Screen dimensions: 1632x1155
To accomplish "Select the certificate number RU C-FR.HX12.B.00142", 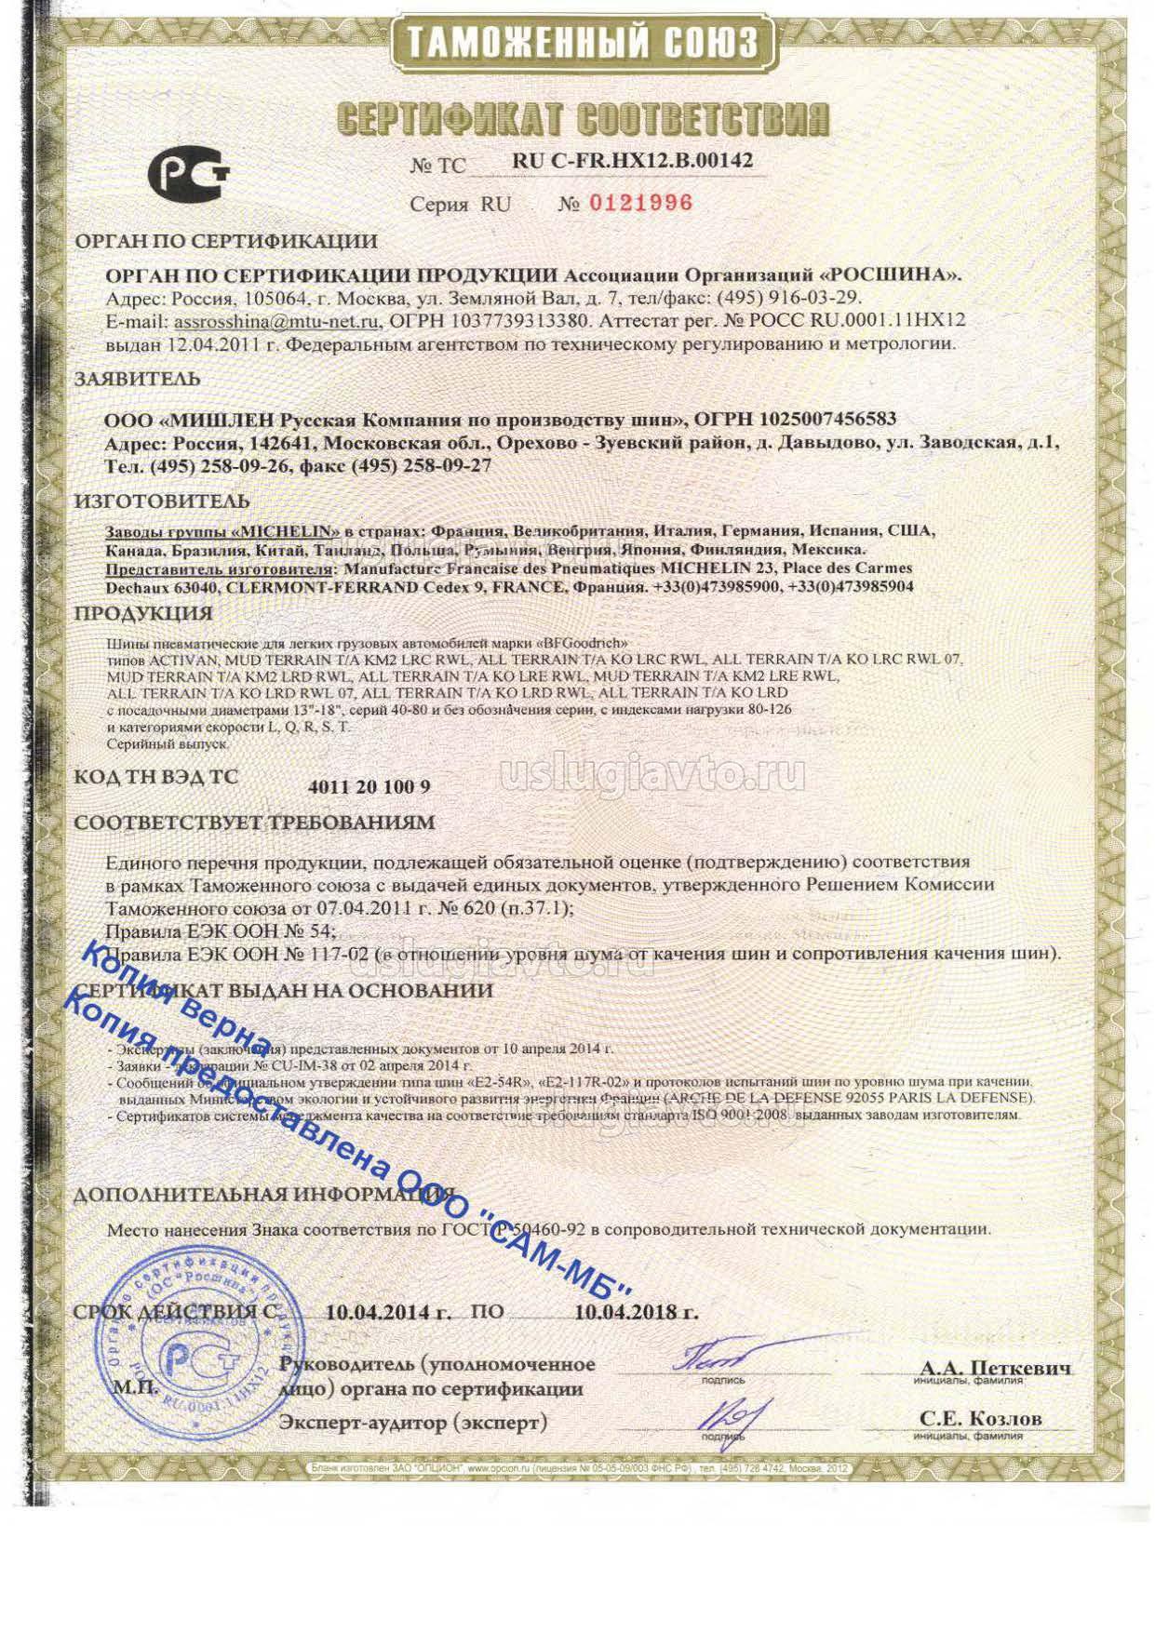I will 632,160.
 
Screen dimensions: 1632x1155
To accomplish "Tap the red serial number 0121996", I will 640,203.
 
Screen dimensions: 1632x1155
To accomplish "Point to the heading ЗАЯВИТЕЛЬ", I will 137,379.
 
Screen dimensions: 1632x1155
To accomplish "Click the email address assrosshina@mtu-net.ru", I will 277,321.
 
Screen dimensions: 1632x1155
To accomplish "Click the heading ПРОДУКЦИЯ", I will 143,613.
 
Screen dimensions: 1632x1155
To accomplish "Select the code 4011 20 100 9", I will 369,786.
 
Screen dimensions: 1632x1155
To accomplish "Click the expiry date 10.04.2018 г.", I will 636,1313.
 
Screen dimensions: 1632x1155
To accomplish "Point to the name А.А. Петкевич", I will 995,1368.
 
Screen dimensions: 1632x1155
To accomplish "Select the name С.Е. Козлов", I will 981,1419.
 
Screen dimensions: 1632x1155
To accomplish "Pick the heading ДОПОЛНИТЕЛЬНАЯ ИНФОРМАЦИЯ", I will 263,1194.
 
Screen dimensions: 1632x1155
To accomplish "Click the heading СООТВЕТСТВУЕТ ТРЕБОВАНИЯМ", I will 254,823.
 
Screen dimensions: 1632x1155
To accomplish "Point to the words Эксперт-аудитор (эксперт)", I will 413,1423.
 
